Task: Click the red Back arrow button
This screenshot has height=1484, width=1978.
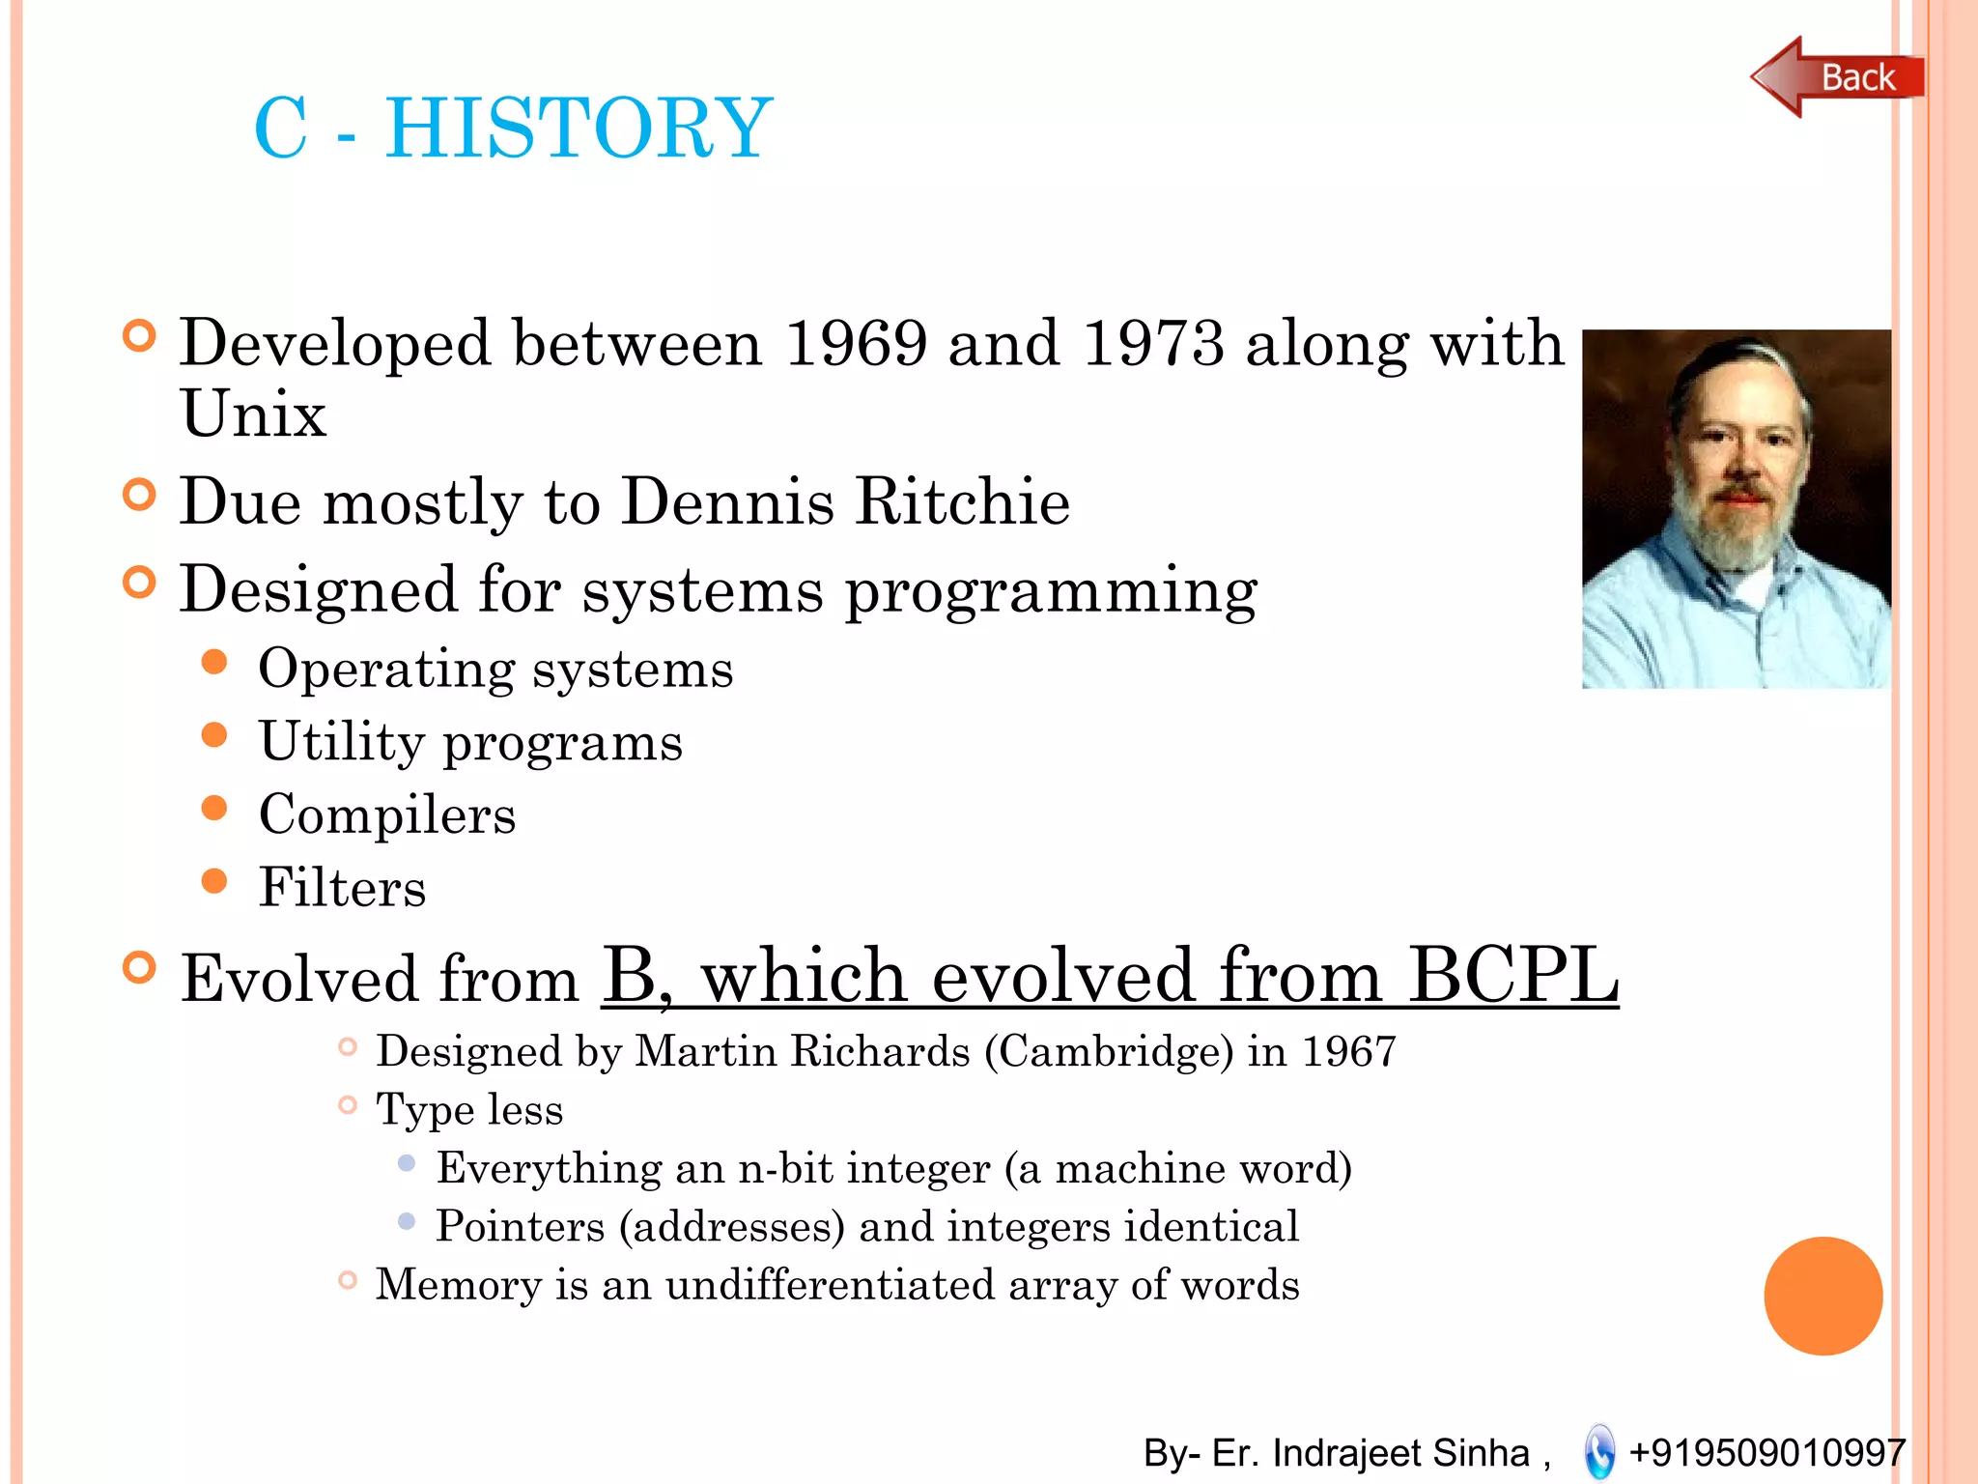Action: [1835, 77]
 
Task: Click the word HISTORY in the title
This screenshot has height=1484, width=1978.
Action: [579, 128]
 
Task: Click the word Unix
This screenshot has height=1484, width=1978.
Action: [253, 414]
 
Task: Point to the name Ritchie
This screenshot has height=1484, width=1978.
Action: [962, 501]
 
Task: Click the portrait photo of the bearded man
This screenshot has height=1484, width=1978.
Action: [1736, 509]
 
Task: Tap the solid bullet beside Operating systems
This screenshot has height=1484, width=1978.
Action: [214, 663]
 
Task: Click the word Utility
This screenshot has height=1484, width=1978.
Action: [342, 742]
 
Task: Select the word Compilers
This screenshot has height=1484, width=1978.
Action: [387, 814]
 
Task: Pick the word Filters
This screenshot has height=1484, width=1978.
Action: [342, 887]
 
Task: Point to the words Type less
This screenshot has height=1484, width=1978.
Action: [469, 1109]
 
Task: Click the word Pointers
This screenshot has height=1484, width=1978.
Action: [520, 1226]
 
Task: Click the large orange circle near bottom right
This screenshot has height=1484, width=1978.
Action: [1823, 1296]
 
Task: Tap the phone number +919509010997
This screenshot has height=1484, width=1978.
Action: [1766, 1452]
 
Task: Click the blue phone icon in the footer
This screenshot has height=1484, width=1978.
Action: [1599, 1451]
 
